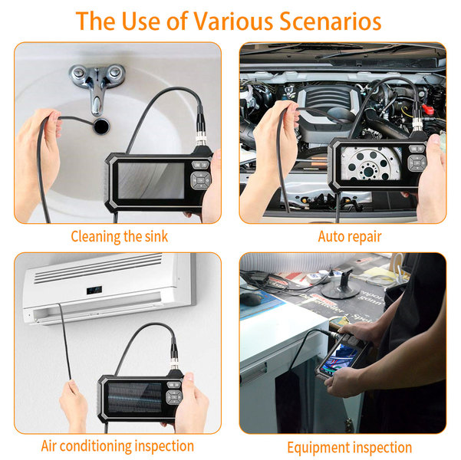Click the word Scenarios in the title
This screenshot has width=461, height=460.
(x=330, y=21)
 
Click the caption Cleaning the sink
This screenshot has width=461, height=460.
(x=120, y=237)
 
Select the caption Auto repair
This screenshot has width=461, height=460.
(x=350, y=237)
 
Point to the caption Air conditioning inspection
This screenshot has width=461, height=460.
(x=117, y=446)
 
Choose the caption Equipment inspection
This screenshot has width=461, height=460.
(x=350, y=448)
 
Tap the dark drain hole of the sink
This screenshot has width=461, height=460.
(x=101, y=127)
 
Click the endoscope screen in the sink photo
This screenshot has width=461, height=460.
(x=151, y=181)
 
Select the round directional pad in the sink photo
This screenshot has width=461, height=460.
(x=200, y=180)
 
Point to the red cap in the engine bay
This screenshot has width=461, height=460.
(x=428, y=110)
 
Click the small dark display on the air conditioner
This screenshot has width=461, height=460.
(x=94, y=290)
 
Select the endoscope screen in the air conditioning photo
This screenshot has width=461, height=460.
(x=135, y=397)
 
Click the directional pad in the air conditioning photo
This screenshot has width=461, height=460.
(x=174, y=397)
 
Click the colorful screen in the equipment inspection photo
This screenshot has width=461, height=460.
(x=338, y=360)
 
